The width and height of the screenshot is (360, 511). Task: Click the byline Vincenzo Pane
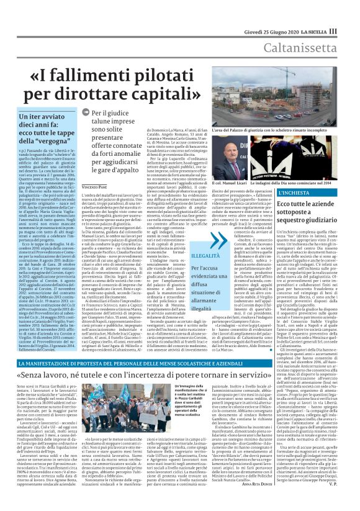(95, 169)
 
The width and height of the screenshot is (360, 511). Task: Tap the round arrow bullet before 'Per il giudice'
(86, 114)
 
